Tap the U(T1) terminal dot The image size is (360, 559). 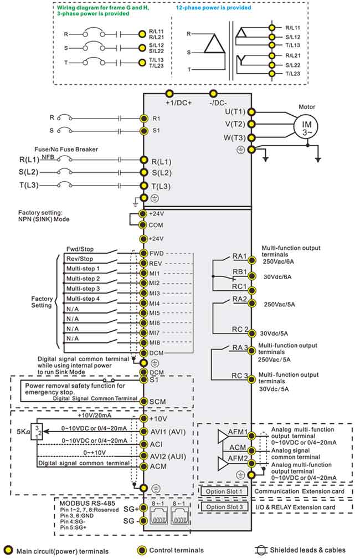tap(251, 112)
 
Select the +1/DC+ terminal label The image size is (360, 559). tap(178, 102)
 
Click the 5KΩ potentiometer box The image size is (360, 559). tap(37, 432)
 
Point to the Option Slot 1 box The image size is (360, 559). tap(224, 491)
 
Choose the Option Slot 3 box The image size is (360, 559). tap(224, 507)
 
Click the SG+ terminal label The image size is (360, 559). tap(131, 509)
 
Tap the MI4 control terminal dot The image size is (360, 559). tap(143, 304)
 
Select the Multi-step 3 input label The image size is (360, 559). tap(83, 289)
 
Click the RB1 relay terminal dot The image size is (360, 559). tap(252, 276)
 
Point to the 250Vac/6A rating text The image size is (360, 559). tap(279, 261)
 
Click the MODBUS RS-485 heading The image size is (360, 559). tap(88, 503)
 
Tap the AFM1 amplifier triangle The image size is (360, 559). tap(223, 435)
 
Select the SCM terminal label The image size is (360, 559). tap(157, 402)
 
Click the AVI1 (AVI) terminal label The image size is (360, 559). tap(168, 432)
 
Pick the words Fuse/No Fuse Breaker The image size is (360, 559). tap(66, 149)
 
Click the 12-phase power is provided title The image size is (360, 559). tap(213, 8)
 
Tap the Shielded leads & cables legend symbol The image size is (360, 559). tap(261, 550)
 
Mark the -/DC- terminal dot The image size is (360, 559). tap(213, 94)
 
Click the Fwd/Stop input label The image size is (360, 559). tap(80, 249)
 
